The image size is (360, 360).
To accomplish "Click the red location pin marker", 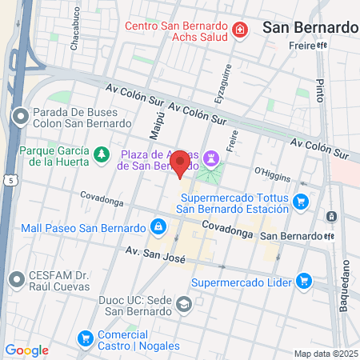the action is click(x=181, y=165).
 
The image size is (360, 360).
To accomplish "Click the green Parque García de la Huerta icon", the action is click(x=102, y=153).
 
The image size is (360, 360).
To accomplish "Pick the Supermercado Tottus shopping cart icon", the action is click(x=301, y=202).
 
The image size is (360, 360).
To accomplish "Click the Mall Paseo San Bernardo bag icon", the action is click(x=158, y=226).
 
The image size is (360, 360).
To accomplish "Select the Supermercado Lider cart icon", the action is click(x=303, y=281).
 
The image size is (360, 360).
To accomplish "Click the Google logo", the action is click(x=26, y=350).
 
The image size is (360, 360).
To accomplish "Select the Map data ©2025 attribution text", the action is click(x=325, y=354).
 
